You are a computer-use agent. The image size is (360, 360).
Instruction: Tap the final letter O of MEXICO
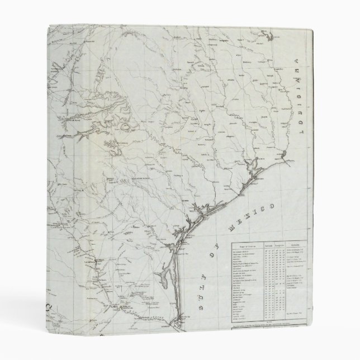pyautogui.click(x=274, y=207)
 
